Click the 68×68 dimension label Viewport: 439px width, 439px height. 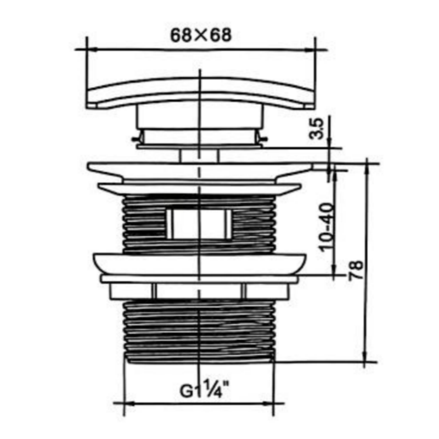(201, 35)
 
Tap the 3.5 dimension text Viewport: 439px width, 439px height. (316, 128)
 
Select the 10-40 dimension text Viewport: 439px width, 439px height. (327, 227)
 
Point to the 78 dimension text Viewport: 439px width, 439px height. (356, 270)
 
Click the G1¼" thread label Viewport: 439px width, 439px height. (204, 389)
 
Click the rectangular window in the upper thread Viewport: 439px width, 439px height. (199, 224)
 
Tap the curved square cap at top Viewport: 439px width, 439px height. (200, 93)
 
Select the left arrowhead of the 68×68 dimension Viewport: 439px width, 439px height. (92, 49)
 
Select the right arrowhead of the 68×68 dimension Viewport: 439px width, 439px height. (309, 49)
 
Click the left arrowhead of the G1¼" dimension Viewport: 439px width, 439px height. (129, 404)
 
